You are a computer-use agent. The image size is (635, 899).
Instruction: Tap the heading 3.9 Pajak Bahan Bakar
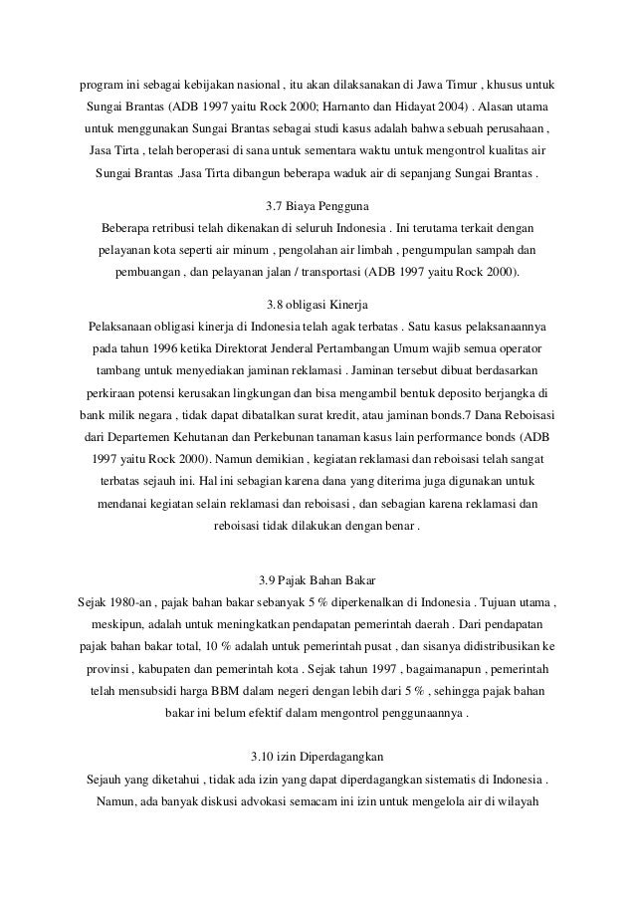tap(317, 580)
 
